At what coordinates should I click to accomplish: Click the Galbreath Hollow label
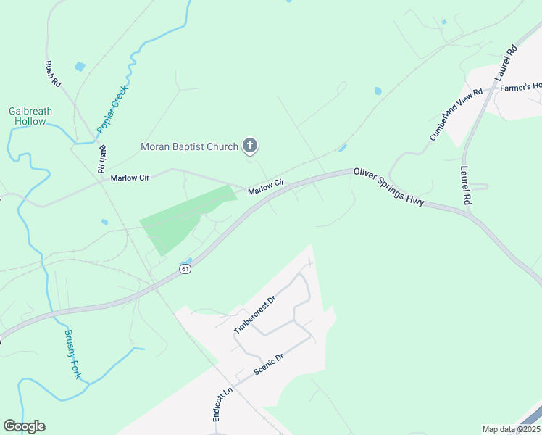(30, 116)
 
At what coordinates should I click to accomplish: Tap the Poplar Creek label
(112, 111)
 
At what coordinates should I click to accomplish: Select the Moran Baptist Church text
(189, 147)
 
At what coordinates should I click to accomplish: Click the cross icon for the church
(249, 146)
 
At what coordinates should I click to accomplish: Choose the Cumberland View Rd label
(456, 115)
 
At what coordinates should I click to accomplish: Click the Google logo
(24, 426)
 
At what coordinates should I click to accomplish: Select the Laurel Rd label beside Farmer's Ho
(506, 62)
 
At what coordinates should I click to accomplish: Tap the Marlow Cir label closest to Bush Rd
(129, 178)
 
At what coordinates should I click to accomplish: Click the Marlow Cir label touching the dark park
(264, 188)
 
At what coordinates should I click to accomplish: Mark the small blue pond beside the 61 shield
(188, 260)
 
